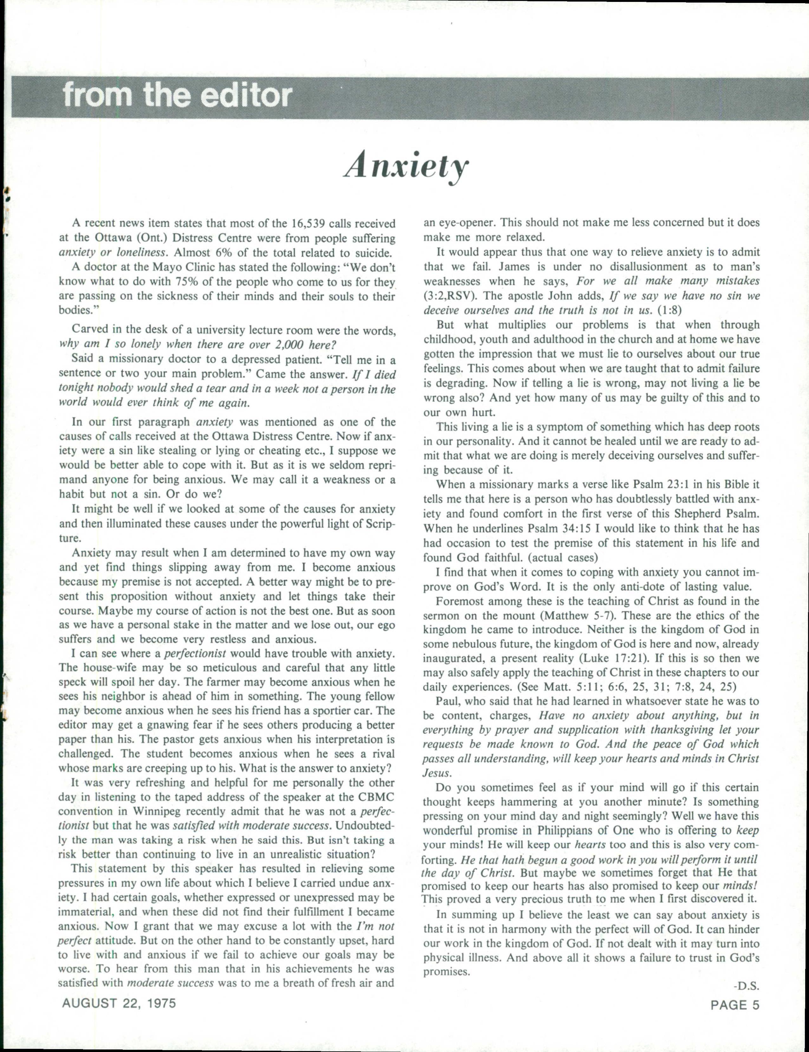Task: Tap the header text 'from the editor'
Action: (x=177, y=95)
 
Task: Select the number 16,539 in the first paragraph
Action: (x=310, y=224)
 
